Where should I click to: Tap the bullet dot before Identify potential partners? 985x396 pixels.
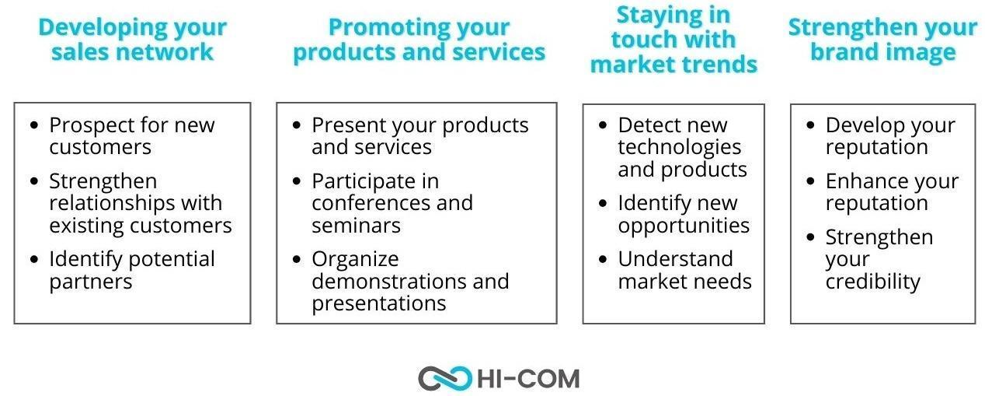(x=34, y=259)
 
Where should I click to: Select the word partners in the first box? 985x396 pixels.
(x=91, y=282)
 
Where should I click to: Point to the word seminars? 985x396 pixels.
(x=357, y=226)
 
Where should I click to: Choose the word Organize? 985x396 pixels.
(x=355, y=260)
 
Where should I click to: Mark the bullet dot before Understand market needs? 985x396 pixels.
(x=603, y=259)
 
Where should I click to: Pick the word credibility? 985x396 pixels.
(x=873, y=282)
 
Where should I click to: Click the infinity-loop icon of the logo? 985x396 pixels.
(x=444, y=379)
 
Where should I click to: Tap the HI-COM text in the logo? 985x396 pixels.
(x=528, y=379)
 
